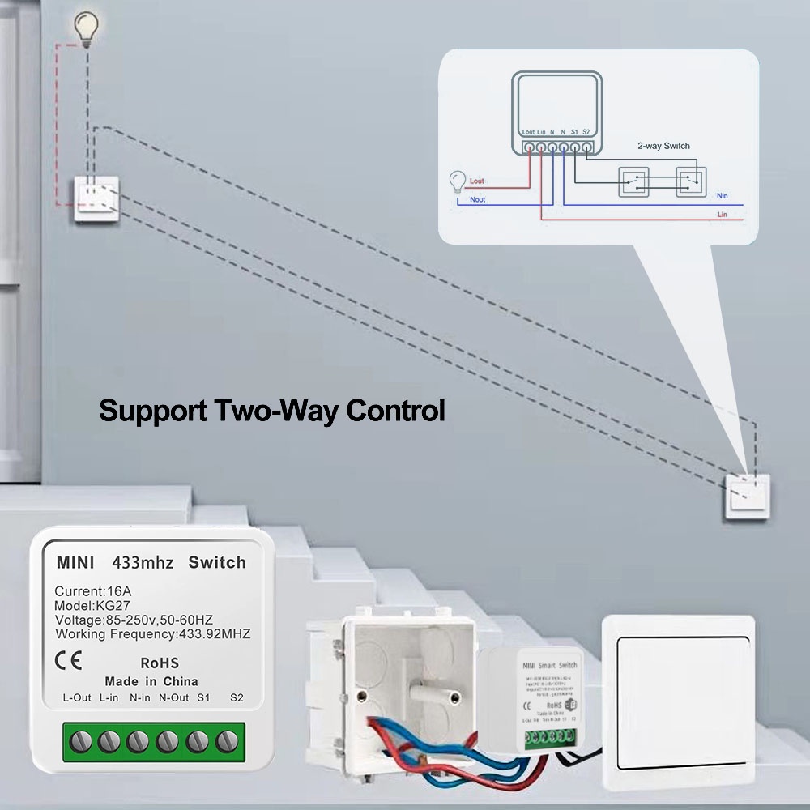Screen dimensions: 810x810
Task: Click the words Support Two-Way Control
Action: [272, 411]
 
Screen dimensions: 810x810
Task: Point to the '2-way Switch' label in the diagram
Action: [664, 146]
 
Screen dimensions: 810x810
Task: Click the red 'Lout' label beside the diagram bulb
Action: [477, 181]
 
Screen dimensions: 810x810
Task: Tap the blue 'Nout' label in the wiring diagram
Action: [478, 199]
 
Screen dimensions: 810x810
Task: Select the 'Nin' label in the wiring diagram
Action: [723, 196]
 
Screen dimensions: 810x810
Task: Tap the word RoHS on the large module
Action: [160, 663]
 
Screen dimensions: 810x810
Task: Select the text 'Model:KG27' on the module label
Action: [87, 605]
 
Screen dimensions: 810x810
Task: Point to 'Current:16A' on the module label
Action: [92, 590]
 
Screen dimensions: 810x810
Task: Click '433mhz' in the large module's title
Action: [143, 562]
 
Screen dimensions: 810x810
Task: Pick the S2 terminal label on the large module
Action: [237, 697]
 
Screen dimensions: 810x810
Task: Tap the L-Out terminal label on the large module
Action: [77, 697]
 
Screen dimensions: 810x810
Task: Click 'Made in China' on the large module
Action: [151, 681]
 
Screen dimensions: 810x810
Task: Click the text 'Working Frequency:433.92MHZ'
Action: [153, 634]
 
